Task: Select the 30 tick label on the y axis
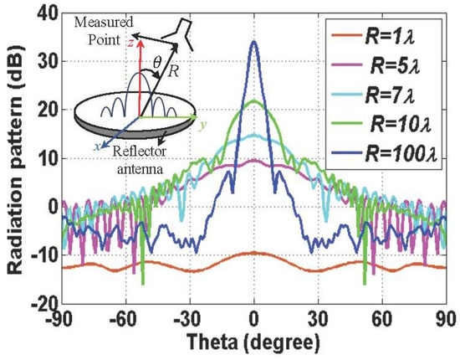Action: [49, 61]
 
